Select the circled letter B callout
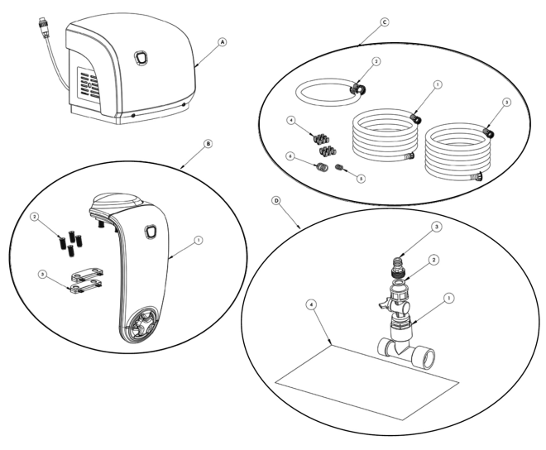(x=208, y=142)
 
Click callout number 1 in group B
(x=198, y=241)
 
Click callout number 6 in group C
(x=290, y=155)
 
